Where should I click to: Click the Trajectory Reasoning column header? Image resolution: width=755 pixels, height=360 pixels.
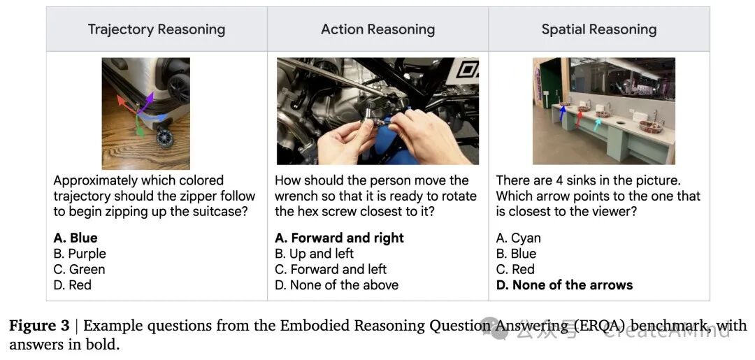(157, 29)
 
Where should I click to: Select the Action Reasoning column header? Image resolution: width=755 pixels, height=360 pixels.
(378, 29)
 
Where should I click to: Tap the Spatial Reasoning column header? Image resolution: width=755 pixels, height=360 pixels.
(599, 29)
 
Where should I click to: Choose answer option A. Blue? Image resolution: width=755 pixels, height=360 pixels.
(75, 238)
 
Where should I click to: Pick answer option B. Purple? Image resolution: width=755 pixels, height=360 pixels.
(80, 254)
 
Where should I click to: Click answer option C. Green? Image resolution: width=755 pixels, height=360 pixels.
(79, 269)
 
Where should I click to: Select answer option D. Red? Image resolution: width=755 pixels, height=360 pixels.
(72, 285)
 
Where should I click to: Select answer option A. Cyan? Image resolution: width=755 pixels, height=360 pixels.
(519, 238)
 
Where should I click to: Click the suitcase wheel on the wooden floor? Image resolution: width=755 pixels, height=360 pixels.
(165, 138)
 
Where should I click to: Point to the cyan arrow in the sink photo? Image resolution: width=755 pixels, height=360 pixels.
(598, 124)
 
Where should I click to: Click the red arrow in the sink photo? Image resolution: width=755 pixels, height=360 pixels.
(580, 118)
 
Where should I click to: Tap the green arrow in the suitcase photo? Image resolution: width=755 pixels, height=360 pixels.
(138, 127)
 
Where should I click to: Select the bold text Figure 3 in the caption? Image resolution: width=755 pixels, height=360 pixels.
(40, 326)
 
